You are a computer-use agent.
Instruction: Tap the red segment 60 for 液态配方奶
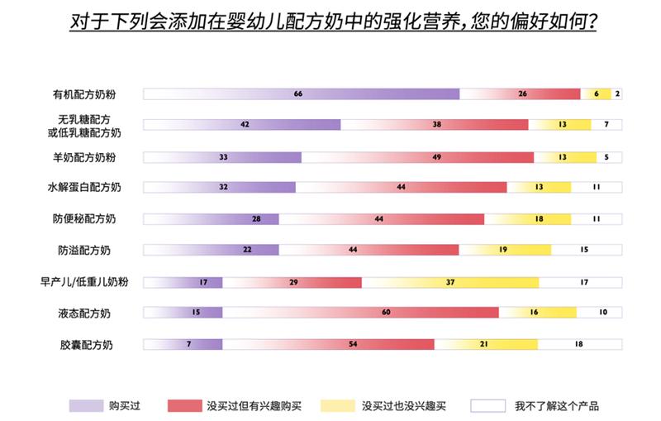tap(361, 312)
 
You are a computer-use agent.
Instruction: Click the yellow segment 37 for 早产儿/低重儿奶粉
tap(450, 282)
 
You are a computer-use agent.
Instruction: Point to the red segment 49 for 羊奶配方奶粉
tap(417, 156)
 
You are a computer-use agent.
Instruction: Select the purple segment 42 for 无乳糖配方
tap(243, 125)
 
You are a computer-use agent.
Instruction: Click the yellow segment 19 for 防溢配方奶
tap(505, 250)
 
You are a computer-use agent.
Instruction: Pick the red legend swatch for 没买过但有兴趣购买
tap(188, 405)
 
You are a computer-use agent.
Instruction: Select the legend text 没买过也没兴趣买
tap(404, 405)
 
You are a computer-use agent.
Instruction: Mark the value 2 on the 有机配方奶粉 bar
tap(616, 93)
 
